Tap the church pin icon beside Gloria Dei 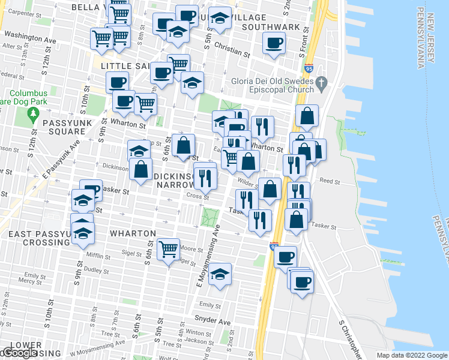321,82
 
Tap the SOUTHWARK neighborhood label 271,27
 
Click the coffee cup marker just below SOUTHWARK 274,43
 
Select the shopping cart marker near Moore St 169,248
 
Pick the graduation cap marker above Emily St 220,274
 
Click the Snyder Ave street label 212,322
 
